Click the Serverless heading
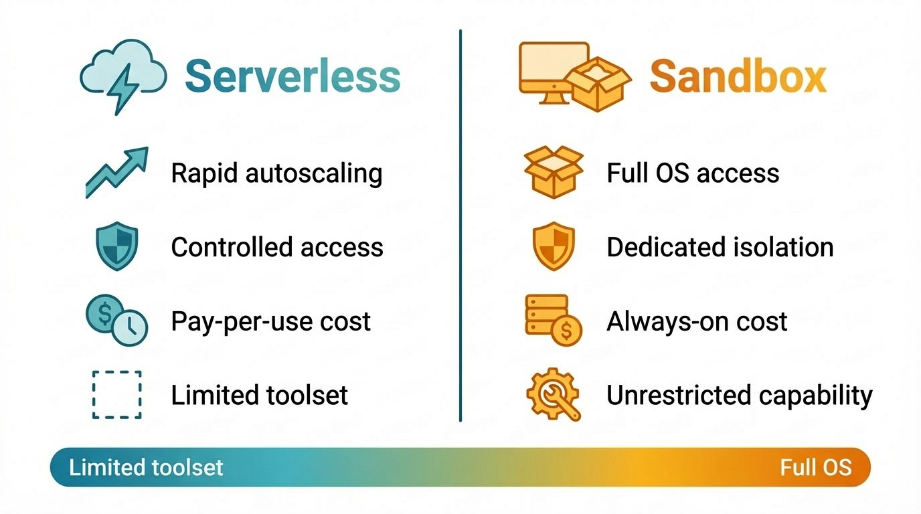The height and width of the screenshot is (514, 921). point(292,76)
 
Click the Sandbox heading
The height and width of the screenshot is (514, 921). point(738,76)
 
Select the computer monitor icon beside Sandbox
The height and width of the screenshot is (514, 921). point(554,73)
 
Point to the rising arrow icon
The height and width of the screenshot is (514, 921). point(117,173)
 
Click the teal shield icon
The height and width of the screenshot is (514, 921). point(116,246)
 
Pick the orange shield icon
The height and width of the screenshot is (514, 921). point(554,246)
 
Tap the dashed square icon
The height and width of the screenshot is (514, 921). point(116,395)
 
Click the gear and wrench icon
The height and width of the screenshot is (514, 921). point(554,394)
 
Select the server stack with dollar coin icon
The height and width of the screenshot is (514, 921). point(554,320)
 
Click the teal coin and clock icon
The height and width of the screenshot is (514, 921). point(116,320)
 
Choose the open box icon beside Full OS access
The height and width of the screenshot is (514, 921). point(554,172)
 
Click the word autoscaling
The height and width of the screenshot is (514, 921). point(314,173)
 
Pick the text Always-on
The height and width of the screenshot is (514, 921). point(663,321)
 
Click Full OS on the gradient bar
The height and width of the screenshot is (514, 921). point(816,468)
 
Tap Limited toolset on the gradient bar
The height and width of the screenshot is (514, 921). point(146,468)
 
